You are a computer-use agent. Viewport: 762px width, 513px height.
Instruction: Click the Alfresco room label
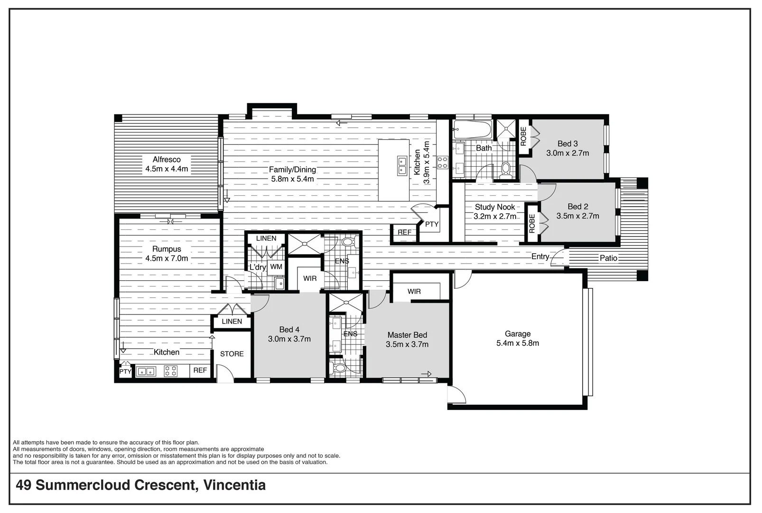coord(167,160)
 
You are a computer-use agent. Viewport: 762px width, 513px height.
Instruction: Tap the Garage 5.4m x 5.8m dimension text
coord(517,343)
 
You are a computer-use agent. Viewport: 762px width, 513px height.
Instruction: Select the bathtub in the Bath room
coord(472,129)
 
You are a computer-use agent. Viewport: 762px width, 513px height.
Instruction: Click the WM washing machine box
coord(276,267)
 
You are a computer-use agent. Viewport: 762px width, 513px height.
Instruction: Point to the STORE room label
coord(232,354)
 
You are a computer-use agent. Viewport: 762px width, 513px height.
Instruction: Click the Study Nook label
coord(495,207)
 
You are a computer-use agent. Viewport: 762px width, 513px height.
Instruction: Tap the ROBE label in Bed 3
coord(523,136)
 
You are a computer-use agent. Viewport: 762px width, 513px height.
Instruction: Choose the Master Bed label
coord(407,335)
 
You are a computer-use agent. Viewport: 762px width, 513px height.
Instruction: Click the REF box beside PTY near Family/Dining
coord(404,232)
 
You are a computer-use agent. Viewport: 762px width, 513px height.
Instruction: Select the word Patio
coord(608,258)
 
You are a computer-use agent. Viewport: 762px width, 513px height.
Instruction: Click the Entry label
coord(540,256)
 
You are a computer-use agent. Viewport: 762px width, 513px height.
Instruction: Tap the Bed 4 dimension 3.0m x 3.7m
coord(289,339)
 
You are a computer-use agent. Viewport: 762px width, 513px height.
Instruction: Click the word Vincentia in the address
coord(234,485)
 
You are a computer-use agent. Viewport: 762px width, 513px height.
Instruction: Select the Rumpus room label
coord(167,249)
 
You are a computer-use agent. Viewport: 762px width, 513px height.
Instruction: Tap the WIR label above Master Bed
coord(414,291)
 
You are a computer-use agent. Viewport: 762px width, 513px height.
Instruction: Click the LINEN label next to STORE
coord(232,322)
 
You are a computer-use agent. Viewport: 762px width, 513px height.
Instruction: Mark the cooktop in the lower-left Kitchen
coord(170,371)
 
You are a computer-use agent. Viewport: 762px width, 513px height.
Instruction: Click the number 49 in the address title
coord(24,485)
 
